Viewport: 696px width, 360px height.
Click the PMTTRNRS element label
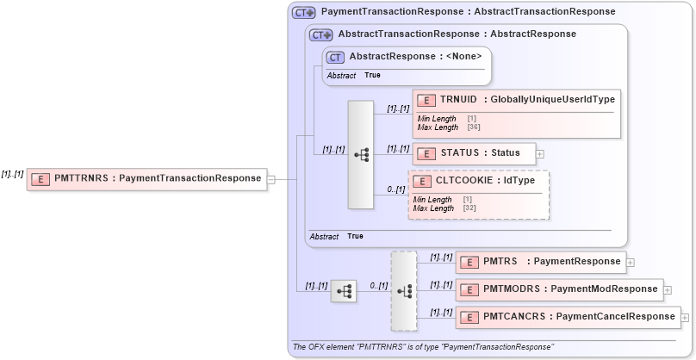tap(157, 178)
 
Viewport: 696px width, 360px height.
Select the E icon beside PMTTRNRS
tap(40, 179)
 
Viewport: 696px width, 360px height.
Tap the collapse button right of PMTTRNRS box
tap(271, 179)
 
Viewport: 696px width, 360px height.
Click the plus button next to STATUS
tap(540, 154)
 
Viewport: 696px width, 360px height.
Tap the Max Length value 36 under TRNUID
tap(474, 127)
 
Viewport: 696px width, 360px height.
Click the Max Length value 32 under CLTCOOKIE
tap(469, 208)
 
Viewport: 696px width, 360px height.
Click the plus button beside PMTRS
tap(631, 262)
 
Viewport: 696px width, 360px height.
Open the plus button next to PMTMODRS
tap(668, 290)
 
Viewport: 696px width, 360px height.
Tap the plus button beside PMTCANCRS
tap(686, 317)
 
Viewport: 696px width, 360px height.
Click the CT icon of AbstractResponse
tap(336, 58)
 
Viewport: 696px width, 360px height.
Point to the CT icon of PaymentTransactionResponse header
tap(303, 12)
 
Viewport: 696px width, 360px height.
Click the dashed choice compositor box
tap(403, 291)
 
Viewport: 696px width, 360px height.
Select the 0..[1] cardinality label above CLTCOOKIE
tap(395, 189)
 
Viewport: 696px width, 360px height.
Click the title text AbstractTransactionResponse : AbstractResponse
tap(457, 34)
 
